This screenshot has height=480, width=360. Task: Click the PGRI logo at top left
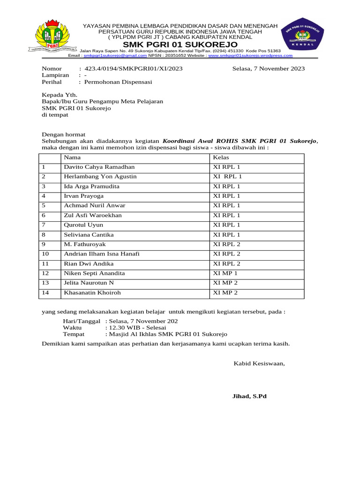[53, 36]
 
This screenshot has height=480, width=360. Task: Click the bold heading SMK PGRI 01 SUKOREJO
[180, 44]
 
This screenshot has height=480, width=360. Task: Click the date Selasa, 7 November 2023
[269, 68]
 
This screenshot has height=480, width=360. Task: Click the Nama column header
[72, 157]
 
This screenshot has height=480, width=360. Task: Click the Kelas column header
[221, 157]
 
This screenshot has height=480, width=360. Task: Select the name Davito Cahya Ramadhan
[99, 167]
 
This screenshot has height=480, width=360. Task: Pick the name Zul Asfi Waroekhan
[93, 215]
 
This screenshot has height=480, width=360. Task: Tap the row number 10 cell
[45, 254]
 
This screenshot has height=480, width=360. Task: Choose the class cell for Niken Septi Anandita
[225, 273]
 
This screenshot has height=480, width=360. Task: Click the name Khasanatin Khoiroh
[92, 293]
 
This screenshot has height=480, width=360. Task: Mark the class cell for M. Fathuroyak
[226, 244]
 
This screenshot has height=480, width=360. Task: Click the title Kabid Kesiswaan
[259, 363]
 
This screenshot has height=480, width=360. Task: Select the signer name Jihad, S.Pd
[249, 396]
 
